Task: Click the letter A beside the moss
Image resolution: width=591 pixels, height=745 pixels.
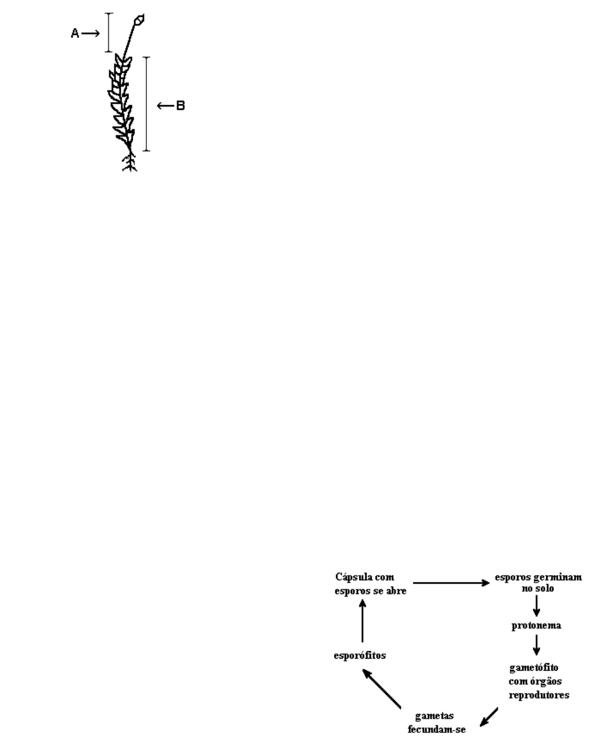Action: point(75,34)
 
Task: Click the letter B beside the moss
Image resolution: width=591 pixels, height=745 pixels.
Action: point(180,105)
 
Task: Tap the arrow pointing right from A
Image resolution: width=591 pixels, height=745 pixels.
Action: point(91,34)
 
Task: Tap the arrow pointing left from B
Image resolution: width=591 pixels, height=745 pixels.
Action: point(165,105)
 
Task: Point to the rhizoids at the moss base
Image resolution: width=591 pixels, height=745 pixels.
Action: point(130,163)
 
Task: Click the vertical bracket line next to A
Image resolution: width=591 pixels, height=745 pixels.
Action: point(109,33)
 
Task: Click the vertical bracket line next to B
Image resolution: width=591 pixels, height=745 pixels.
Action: point(146,104)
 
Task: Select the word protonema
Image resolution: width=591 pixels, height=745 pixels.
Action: point(536,625)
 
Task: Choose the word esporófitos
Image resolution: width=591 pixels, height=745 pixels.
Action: point(360,655)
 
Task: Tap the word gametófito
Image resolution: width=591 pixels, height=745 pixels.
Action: point(534,668)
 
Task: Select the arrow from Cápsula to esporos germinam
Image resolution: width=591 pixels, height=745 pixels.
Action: point(450,583)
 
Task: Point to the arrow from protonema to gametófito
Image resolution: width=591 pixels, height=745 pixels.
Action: point(536,645)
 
